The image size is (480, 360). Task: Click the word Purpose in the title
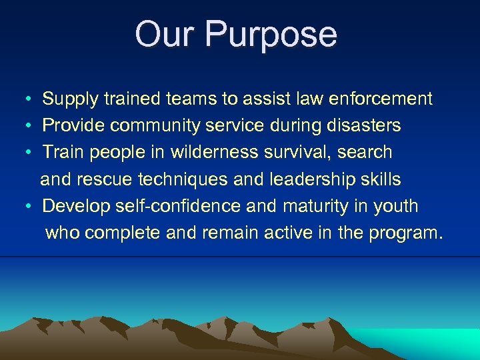click(271, 35)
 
